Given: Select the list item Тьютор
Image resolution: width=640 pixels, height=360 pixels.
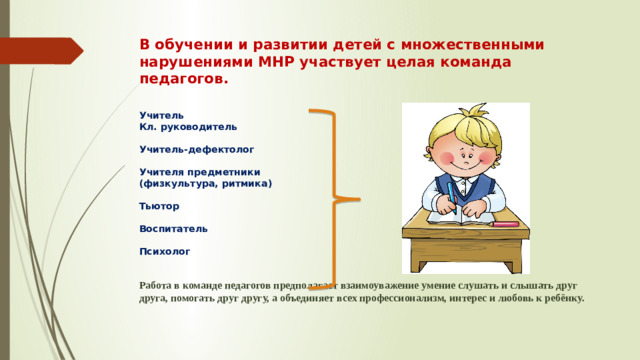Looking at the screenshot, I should (159, 207).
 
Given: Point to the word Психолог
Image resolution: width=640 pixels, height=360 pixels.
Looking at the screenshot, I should (163, 252).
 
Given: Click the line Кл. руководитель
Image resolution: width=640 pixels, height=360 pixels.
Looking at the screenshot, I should (188, 127).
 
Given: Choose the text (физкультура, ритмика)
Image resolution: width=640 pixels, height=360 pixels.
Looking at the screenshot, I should (205, 184).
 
